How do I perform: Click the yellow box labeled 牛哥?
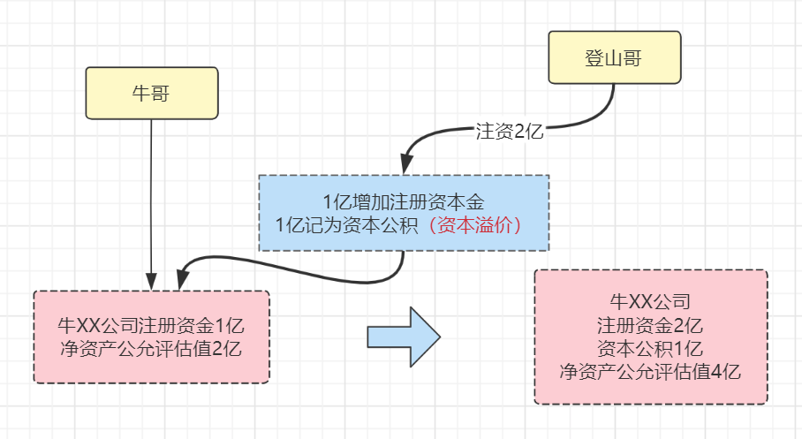click(151, 93)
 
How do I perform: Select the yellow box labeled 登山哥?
click(614, 58)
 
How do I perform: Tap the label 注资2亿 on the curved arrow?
click(508, 132)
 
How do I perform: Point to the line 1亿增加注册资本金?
click(404, 202)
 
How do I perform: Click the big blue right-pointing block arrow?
click(403, 336)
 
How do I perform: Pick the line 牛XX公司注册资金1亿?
click(150, 324)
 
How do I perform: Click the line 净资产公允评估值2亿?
click(150, 348)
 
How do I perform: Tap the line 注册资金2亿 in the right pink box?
click(650, 323)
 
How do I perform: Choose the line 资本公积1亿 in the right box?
click(650, 347)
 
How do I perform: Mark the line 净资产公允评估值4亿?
click(650, 371)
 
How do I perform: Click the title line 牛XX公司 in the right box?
click(650, 300)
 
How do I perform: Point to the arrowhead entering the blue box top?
click(405, 165)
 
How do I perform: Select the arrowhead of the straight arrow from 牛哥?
click(152, 282)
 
